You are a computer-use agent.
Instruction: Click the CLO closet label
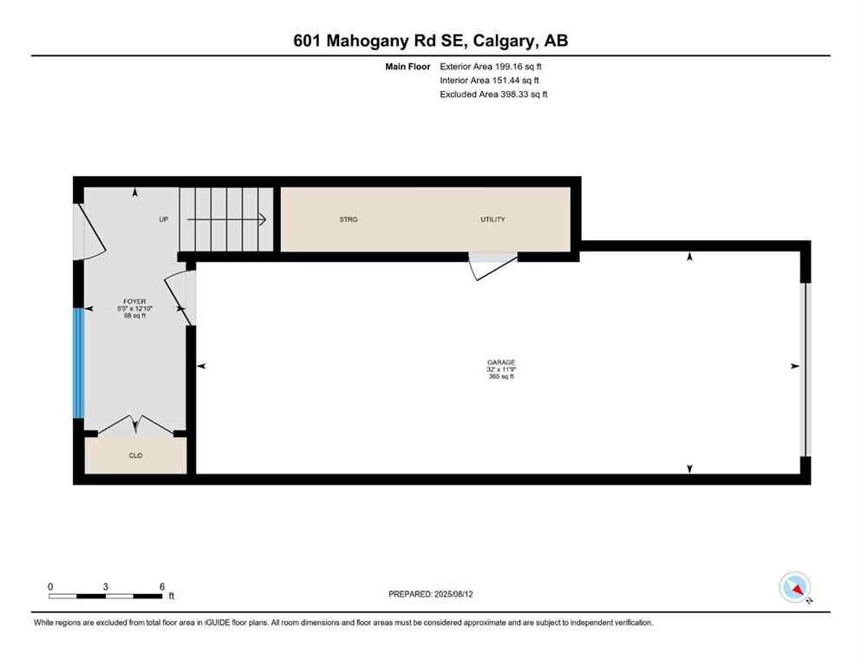pyautogui.click(x=135, y=455)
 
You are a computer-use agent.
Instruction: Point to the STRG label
pyautogui.click(x=348, y=219)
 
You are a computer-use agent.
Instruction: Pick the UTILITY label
pyautogui.click(x=492, y=219)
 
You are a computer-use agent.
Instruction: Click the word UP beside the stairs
pyautogui.click(x=163, y=219)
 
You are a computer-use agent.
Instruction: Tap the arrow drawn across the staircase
pyautogui.click(x=226, y=220)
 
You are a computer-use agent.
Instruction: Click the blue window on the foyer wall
pyautogui.click(x=79, y=363)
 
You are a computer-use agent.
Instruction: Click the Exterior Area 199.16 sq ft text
pyautogui.click(x=492, y=66)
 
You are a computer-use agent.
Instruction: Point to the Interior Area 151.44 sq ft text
pyautogui.click(x=490, y=80)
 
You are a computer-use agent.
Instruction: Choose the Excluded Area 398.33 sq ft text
pyautogui.click(x=493, y=95)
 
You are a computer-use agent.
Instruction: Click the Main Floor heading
pyautogui.click(x=408, y=66)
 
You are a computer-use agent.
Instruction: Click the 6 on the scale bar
pyautogui.click(x=162, y=586)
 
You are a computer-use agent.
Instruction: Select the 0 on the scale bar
pyautogui.click(x=50, y=586)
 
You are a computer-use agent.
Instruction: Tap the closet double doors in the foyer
pyautogui.click(x=135, y=425)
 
